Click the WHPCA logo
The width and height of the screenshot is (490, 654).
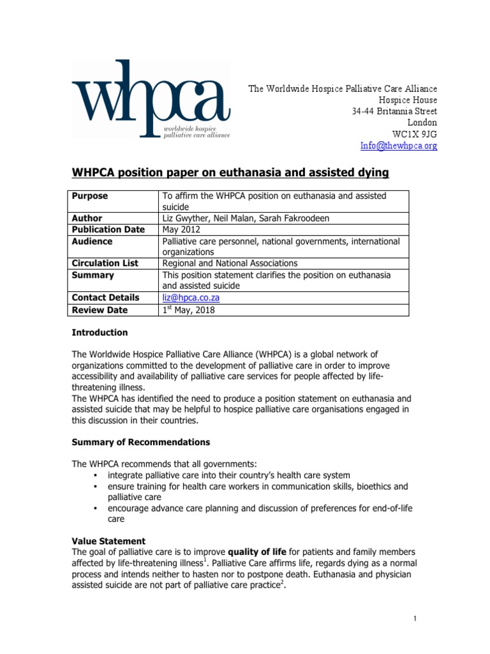(151, 101)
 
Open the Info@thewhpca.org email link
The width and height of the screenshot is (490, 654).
(399, 146)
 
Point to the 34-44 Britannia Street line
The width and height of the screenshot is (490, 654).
(394, 111)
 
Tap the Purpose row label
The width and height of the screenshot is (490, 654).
(90, 196)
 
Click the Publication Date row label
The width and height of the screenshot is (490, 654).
(108, 230)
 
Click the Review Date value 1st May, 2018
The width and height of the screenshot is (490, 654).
(189, 310)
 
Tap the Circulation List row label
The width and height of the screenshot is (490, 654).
(105, 263)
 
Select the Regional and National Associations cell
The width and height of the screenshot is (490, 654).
(230, 263)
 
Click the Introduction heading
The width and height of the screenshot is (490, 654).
(100, 333)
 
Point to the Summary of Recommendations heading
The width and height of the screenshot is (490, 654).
(140, 442)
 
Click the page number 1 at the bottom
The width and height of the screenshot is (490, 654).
(415, 619)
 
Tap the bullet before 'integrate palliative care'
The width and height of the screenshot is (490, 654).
(96, 475)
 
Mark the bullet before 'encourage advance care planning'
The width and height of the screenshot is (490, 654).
(96, 509)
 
